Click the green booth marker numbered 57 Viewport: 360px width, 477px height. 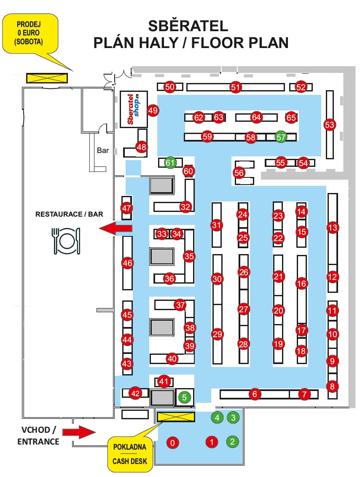[281, 137]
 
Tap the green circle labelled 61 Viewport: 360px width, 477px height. [170, 163]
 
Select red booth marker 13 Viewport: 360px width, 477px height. [333, 228]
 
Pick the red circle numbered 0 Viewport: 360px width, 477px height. [173, 442]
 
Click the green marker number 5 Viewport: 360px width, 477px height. [184, 397]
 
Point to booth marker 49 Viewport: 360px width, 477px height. [153, 111]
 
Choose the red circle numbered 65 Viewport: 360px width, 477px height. [291, 118]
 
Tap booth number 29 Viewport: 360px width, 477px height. [217, 335]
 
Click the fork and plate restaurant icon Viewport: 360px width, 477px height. [66, 241]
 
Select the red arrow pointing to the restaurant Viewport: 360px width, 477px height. [116, 228]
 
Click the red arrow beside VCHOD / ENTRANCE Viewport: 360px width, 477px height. [79, 431]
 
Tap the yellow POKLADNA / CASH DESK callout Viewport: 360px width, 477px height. [130, 453]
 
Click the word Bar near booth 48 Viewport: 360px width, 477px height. [103, 150]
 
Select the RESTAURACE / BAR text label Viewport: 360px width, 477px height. [69, 214]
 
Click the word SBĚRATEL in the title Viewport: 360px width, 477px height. [188, 26]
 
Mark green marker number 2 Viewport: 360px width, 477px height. [232, 442]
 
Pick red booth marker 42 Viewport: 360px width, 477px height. [135, 393]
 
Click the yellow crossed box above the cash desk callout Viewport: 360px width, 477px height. [176, 417]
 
